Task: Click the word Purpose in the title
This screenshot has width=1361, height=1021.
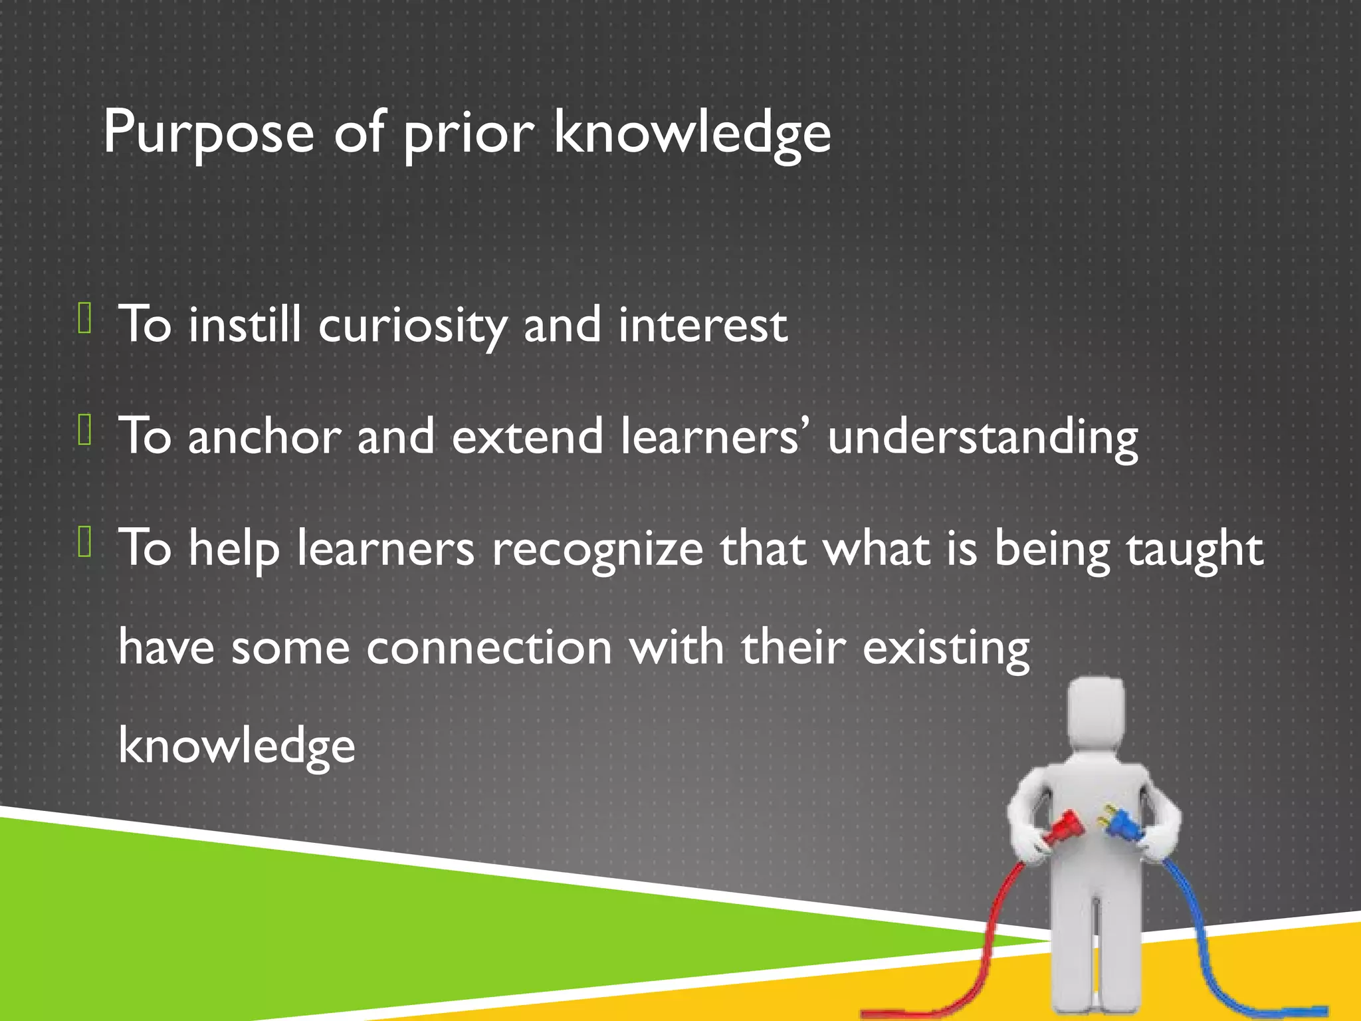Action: click(208, 133)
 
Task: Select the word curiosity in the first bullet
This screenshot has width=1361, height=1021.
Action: click(412, 326)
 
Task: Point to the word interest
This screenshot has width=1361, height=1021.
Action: click(702, 326)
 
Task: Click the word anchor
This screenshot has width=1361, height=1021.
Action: click(264, 437)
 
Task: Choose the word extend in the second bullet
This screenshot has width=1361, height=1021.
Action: click(527, 437)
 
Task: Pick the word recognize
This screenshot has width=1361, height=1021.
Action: click(597, 550)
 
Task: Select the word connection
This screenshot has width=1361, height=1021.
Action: click(488, 647)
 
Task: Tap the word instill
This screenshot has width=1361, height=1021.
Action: click(244, 326)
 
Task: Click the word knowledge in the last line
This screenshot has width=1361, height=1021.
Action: click(237, 746)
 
